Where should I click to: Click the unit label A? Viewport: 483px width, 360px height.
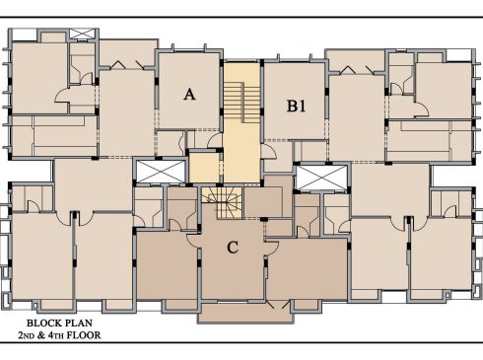pyautogui.click(x=189, y=95)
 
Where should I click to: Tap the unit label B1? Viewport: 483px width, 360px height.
pyautogui.click(x=297, y=106)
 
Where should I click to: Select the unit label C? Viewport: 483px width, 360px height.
pyautogui.click(x=233, y=248)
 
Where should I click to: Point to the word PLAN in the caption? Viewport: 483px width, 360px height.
pyautogui.click(x=79, y=323)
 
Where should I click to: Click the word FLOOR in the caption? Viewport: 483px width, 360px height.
pyautogui.click(x=84, y=335)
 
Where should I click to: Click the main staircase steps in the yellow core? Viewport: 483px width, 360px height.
pyautogui.click(x=241, y=103)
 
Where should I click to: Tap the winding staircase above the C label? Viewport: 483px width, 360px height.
pyautogui.click(x=222, y=202)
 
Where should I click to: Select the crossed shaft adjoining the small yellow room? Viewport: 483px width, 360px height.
pyautogui.click(x=161, y=172)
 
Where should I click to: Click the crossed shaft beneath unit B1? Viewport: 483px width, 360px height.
pyautogui.click(x=321, y=178)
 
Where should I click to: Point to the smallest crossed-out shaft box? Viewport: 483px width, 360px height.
pyautogui.click(x=82, y=34)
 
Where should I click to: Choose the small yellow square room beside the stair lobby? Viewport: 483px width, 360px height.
pyautogui.click(x=204, y=167)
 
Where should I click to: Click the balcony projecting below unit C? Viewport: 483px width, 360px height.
pyautogui.click(x=245, y=313)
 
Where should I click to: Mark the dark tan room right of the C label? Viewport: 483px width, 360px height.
pyautogui.click(x=307, y=269)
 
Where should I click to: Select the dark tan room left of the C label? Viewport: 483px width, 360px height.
pyautogui.click(x=168, y=265)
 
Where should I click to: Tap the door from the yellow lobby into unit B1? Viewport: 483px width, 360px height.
pyautogui.click(x=269, y=152)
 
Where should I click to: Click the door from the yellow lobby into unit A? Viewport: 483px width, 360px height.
pyautogui.click(x=216, y=141)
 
